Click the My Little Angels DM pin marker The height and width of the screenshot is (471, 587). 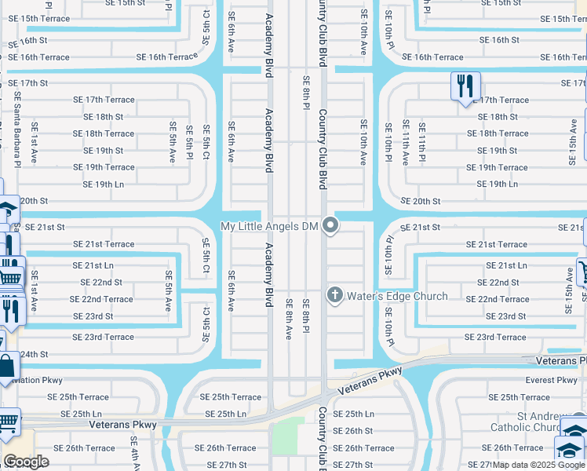point(331,226)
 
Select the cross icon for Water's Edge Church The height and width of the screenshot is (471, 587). point(334,295)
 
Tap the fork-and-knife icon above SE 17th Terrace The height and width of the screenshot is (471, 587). point(465,85)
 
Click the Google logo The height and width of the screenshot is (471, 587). point(27,462)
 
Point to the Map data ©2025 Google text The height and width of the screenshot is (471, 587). point(538,465)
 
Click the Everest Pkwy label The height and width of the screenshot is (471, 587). point(551,380)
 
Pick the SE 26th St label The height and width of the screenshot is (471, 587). point(352,431)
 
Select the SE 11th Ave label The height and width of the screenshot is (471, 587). point(405,141)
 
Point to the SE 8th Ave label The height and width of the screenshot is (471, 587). point(288,319)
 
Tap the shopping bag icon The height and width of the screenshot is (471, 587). point(6,367)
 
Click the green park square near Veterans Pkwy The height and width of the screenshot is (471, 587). point(288,435)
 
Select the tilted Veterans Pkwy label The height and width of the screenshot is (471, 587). point(370,381)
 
